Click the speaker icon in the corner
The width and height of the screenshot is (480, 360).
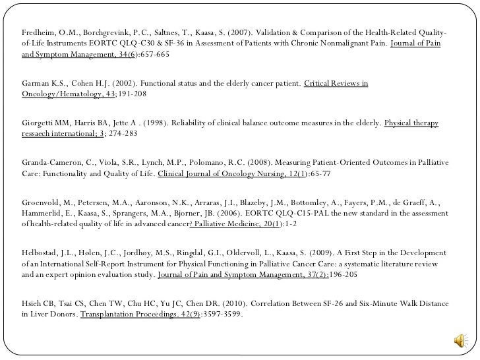pos(460,341)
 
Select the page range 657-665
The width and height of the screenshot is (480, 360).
pos(152,54)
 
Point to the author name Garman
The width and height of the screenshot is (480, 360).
pos(35,84)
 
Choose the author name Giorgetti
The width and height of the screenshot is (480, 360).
pos(39,123)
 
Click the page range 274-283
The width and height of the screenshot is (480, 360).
pos(121,134)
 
